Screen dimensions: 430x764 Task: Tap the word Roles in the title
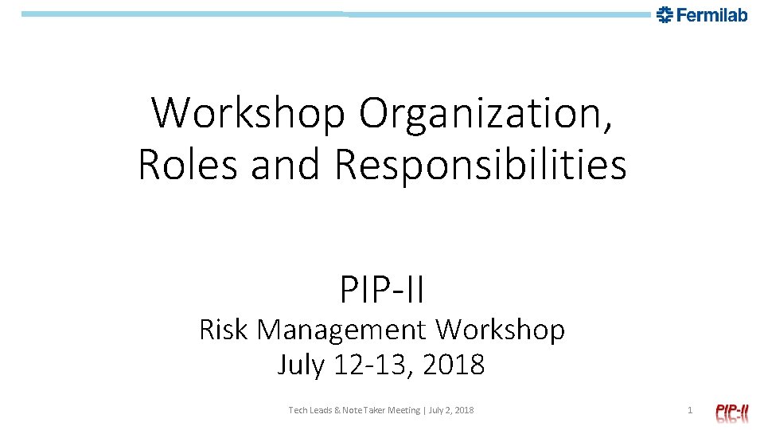pyautogui.click(x=189, y=164)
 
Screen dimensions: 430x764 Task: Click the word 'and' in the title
pyautogui.click(x=286, y=164)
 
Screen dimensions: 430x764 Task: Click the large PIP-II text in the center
pyautogui.click(x=382, y=289)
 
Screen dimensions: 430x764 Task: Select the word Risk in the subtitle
pyautogui.click(x=224, y=329)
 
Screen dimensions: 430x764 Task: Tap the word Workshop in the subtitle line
pyautogui.click(x=501, y=329)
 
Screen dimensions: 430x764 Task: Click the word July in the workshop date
pyautogui.click(x=300, y=365)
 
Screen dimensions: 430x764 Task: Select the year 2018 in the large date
pyautogui.click(x=454, y=365)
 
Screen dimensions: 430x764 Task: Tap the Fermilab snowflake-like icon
pyautogui.click(x=665, y=14)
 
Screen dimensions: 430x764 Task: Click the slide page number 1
pyautogui.click(x=690, y=410)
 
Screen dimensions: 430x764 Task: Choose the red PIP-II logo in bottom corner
pyautogui.click(x=731, y=411)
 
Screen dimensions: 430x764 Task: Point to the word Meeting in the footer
pyautogui.click(x=404, y=410)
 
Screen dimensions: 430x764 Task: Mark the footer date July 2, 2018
pyautogui.click(x=451, y=410)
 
